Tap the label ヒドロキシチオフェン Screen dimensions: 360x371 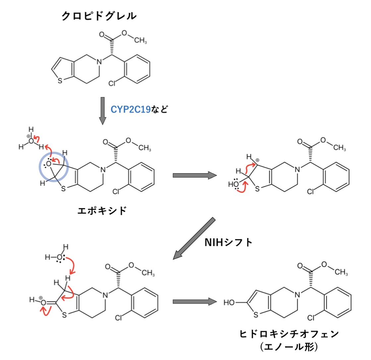tap(289, 334)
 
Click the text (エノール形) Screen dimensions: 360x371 tap(289, 347)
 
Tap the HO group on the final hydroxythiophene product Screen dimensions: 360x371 tap(229, 302)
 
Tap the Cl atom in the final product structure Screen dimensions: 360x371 tap(311, 318)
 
